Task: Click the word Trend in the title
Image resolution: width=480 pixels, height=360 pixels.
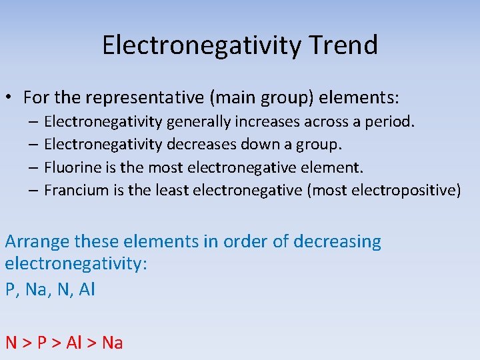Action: (343, 45)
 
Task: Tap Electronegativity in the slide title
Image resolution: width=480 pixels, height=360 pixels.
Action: (202, 45)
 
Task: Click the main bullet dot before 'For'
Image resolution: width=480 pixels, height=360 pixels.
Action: (11, 98)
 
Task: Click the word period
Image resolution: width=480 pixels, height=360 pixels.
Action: (392, 121)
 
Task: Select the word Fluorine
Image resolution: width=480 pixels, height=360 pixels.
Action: (71, 167)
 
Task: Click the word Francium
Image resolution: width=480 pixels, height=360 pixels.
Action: (75, 190)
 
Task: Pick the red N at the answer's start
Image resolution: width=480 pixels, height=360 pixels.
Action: (11, 343)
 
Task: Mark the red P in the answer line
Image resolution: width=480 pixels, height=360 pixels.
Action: (42, 343)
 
